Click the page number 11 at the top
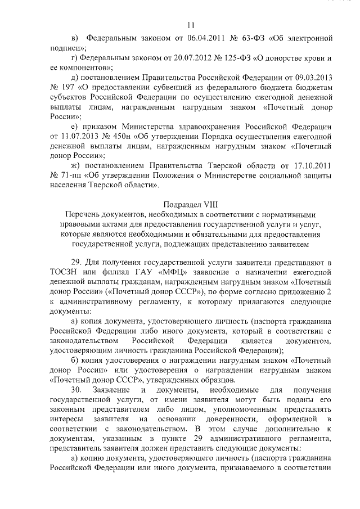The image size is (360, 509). coord(190,25)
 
